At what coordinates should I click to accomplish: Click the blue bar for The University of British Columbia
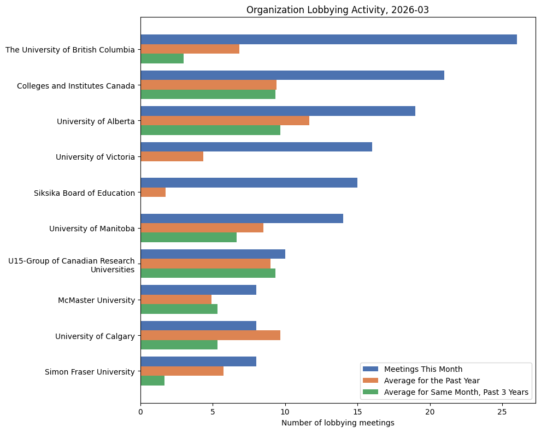coord(328,39)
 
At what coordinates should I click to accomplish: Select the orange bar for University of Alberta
coord(225,121)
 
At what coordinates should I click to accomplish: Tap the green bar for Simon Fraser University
coord(152,381)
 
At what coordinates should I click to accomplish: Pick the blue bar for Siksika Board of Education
coord(249,183)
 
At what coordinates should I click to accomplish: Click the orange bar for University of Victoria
coord(172,156)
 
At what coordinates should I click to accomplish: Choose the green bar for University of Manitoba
coord(189,237)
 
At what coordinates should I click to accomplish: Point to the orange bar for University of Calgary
coord(210,335)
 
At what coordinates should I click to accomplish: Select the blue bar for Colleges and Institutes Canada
coord(292,75)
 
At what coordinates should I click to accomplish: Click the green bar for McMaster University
coord(179,309)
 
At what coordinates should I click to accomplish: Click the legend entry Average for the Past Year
coord(432,380)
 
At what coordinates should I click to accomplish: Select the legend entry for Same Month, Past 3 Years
coord(456,392)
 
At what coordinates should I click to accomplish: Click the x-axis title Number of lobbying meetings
coord(338,423)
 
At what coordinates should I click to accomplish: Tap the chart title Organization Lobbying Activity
coord(338,10)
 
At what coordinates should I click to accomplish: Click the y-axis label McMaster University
coord(96,300)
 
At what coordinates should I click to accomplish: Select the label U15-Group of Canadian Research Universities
coord(71,265)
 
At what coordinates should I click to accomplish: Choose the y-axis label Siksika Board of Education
coord(84,193)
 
